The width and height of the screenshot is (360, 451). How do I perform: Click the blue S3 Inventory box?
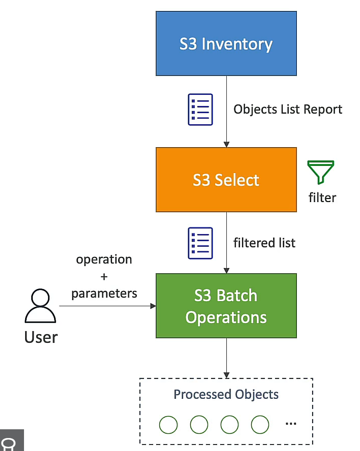226,43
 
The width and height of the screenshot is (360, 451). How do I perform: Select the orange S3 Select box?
226,180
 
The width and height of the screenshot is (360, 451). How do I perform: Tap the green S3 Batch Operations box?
226,306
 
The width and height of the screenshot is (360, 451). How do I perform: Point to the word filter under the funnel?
322,197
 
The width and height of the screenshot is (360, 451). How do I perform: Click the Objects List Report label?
288,109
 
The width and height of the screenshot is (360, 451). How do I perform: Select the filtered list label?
264,243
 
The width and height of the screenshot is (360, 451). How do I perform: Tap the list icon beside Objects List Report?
200,109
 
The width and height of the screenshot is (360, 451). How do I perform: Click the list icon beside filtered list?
200,243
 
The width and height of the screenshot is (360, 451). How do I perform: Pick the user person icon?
40,307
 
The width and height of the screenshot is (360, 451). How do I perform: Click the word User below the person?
41,337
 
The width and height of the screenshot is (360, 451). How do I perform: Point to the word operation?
104,260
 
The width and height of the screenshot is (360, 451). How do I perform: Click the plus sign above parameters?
104,277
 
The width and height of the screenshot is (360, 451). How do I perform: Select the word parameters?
104,293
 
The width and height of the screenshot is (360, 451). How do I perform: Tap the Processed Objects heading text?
226,394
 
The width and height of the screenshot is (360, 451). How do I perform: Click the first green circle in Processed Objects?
168,424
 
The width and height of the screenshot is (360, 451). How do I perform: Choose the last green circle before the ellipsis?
260,424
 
